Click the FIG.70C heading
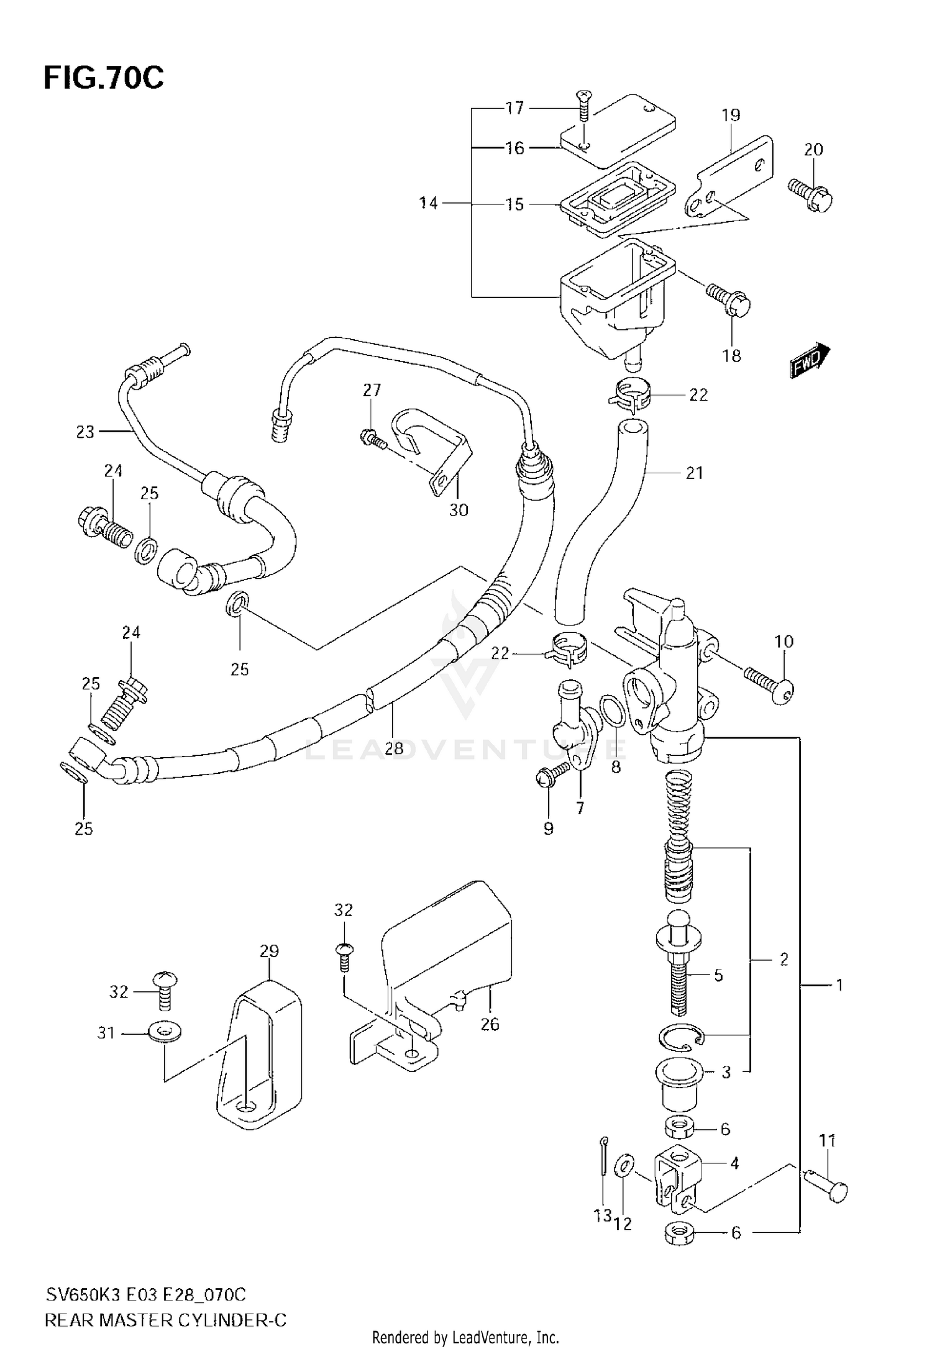click(104, 79)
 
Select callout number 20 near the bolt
click(813, 150)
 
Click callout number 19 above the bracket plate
click(731, 115)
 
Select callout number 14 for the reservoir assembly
click(428, 203)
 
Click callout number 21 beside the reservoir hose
click(694, 473)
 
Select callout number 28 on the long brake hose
click(394, 748)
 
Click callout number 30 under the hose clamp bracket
click(459, 511)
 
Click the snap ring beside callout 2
click(681, 1037)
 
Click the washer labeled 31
click(163, 1033)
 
